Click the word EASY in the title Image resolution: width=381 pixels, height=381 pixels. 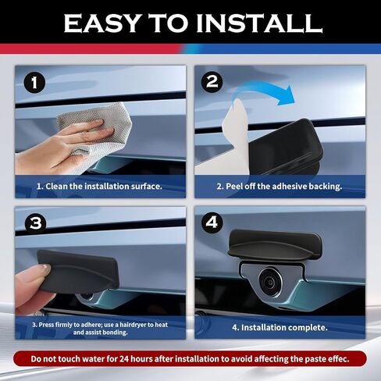tap(105, 23)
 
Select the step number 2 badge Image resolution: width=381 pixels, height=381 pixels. tap(212, 81)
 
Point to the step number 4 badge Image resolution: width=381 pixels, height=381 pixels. tap(212, 223)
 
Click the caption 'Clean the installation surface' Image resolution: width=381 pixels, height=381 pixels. tap(99, 186)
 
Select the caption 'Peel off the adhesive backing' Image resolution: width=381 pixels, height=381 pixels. tap(280, 186)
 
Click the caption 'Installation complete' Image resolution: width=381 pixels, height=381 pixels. tap(280, 327)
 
